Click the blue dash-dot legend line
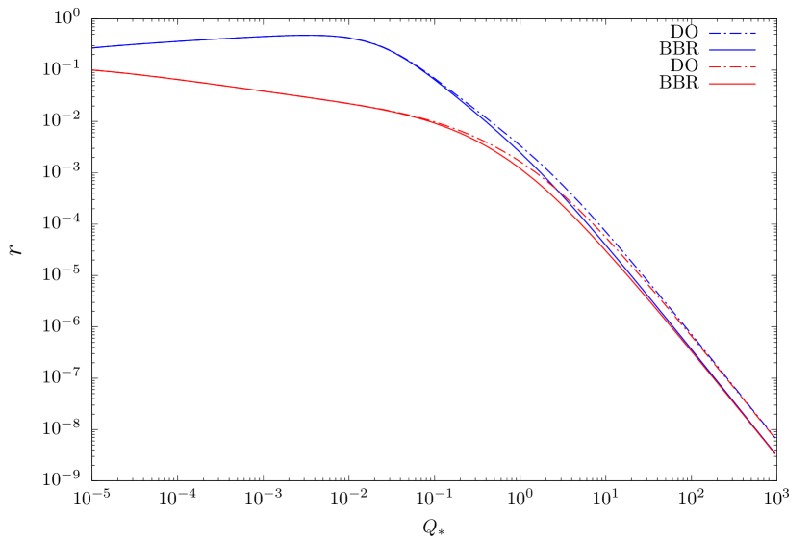(732, 34)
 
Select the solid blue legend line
(732, 50)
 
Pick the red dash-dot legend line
(732, 67)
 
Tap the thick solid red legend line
(732, 85)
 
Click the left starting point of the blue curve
(93, 48)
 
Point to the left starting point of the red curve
(93, 70)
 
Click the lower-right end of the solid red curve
(774, 453)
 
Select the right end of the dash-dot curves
(773, 436)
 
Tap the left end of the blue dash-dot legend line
(709, 34)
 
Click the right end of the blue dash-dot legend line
(755, 34)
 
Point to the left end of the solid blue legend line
(709, 50)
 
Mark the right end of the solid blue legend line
(755, 50)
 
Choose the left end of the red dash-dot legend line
(709, 67)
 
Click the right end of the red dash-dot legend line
(755, 67)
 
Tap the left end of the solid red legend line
(709, 85)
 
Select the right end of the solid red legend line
(755, 85)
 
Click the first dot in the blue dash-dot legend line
(722, 34)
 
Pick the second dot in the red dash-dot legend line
(742, 67)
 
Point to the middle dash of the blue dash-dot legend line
(732, 34)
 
